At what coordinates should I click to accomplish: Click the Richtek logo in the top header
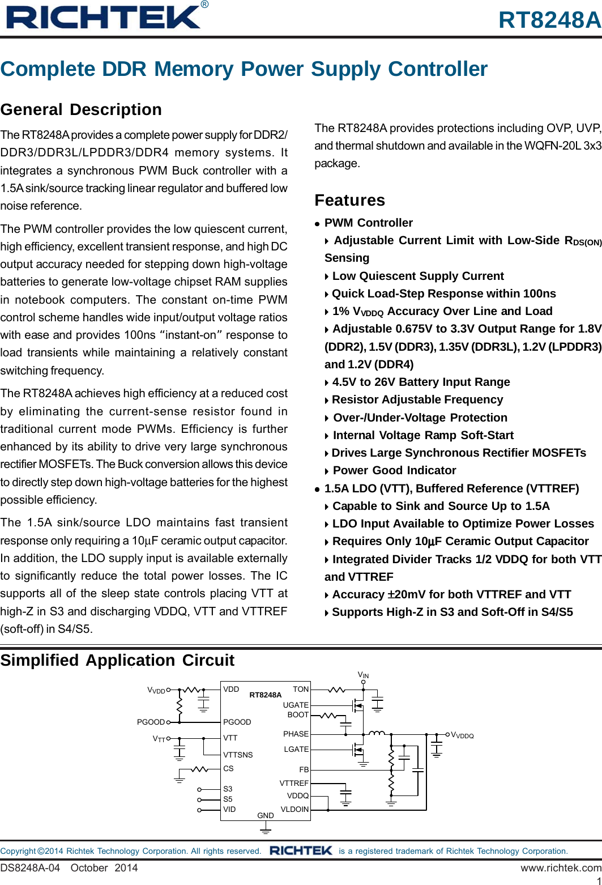(x=104, y=17)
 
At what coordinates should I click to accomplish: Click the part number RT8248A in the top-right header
(x=549, y=20)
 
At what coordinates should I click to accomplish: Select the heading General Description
(x=81, y=109)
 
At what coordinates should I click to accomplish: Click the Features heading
(x=349, y=200)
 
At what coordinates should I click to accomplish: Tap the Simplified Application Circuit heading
(x=117, y=660)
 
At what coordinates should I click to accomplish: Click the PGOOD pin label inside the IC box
(x=237, y=722)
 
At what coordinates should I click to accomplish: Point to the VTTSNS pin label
(x=238, y=755)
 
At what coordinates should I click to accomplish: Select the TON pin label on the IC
(x=301, y=690)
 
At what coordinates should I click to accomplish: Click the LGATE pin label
(x=296, y=749)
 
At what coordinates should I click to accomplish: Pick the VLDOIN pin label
(x=294, y=809)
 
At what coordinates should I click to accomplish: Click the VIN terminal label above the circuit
(x=363, y=675)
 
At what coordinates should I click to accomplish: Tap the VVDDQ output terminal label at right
(x=462, y=735)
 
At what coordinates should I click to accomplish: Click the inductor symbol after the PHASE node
(x=377, y=734)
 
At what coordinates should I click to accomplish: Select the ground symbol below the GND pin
(x=265, y=829)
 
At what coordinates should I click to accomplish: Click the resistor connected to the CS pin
(x=199, y=769)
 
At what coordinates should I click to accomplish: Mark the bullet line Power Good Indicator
(x=394, y=470)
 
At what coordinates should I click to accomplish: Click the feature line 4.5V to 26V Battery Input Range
(x=421, y=382)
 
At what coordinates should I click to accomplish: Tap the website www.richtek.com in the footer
(x=561, y=867)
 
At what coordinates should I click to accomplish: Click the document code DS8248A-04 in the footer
(x=30, y=867)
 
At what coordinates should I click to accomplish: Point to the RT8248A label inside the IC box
(x=265, y=695)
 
